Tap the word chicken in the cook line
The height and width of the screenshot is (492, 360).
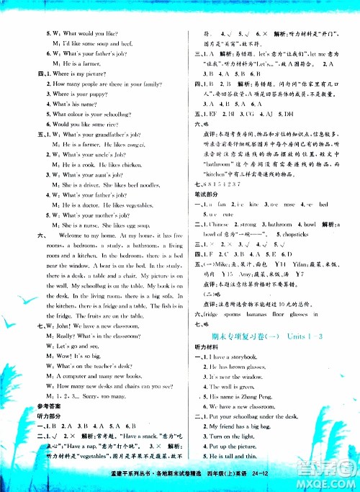[132, 164]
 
